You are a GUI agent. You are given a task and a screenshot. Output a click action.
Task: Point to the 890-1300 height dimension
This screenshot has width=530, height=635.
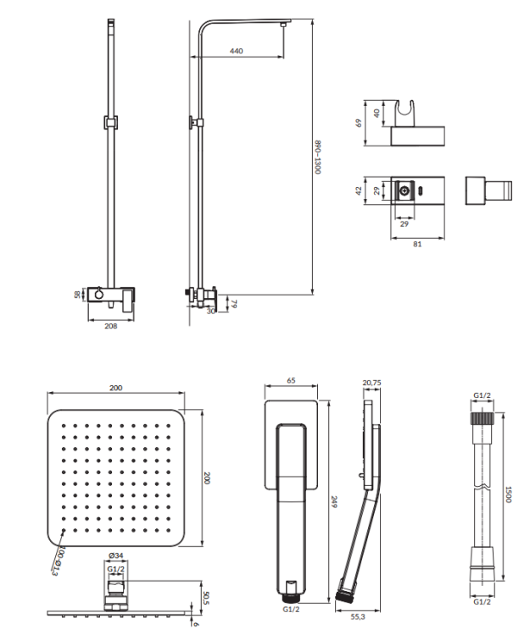point(319,157)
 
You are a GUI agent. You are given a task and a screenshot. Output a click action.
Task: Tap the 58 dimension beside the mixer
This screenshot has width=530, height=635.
point(78,295)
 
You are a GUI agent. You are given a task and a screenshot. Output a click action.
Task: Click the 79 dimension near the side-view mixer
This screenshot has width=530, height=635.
point(234,303)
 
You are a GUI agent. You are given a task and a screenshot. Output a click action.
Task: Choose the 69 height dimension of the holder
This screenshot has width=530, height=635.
point(360,123)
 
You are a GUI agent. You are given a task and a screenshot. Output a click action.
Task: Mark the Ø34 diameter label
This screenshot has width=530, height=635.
point(115,556)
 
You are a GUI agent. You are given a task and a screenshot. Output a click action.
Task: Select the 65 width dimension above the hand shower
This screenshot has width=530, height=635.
point(291,382)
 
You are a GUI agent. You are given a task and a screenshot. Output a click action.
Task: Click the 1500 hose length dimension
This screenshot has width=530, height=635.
point(509,494)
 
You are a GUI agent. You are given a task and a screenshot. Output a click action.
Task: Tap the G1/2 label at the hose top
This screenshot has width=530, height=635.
point(483,395)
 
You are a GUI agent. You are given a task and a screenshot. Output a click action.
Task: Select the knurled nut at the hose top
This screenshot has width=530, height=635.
point(483,417)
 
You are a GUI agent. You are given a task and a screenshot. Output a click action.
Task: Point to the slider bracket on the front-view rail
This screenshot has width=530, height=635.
point(108,122)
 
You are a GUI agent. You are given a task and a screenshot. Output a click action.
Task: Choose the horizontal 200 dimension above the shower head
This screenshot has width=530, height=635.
point(116,388)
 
